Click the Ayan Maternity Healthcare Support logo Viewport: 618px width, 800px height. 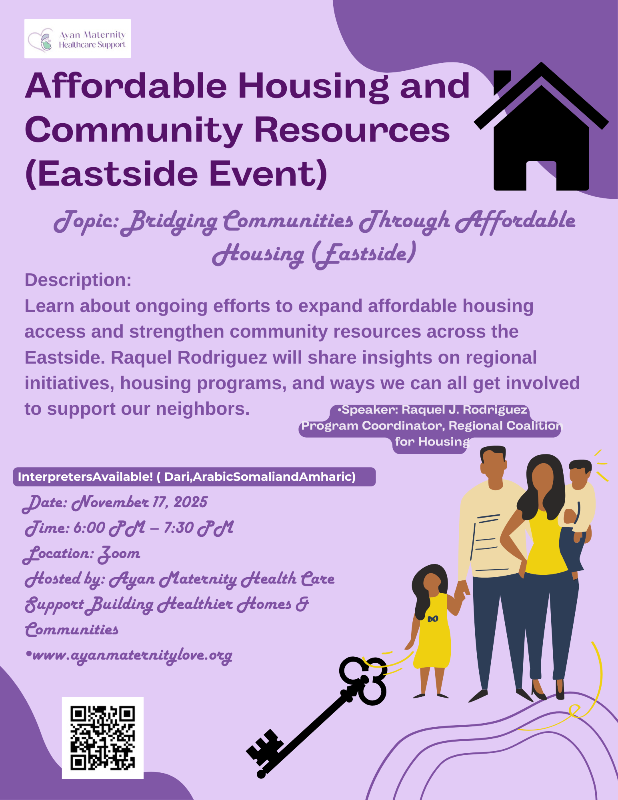coord(78,38)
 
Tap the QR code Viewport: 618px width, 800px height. coord(103,738)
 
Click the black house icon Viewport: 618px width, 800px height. coord(541,126)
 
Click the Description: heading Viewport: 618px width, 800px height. coord(78,280)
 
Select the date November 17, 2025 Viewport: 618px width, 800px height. coord(140,502)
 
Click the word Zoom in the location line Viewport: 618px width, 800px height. coord(119,554)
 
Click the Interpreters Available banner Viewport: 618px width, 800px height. coord(194,477)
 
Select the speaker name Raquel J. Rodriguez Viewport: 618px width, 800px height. coord(464,410)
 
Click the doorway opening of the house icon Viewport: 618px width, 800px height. coord(541,176)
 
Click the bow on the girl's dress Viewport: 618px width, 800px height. coord(433,619)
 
